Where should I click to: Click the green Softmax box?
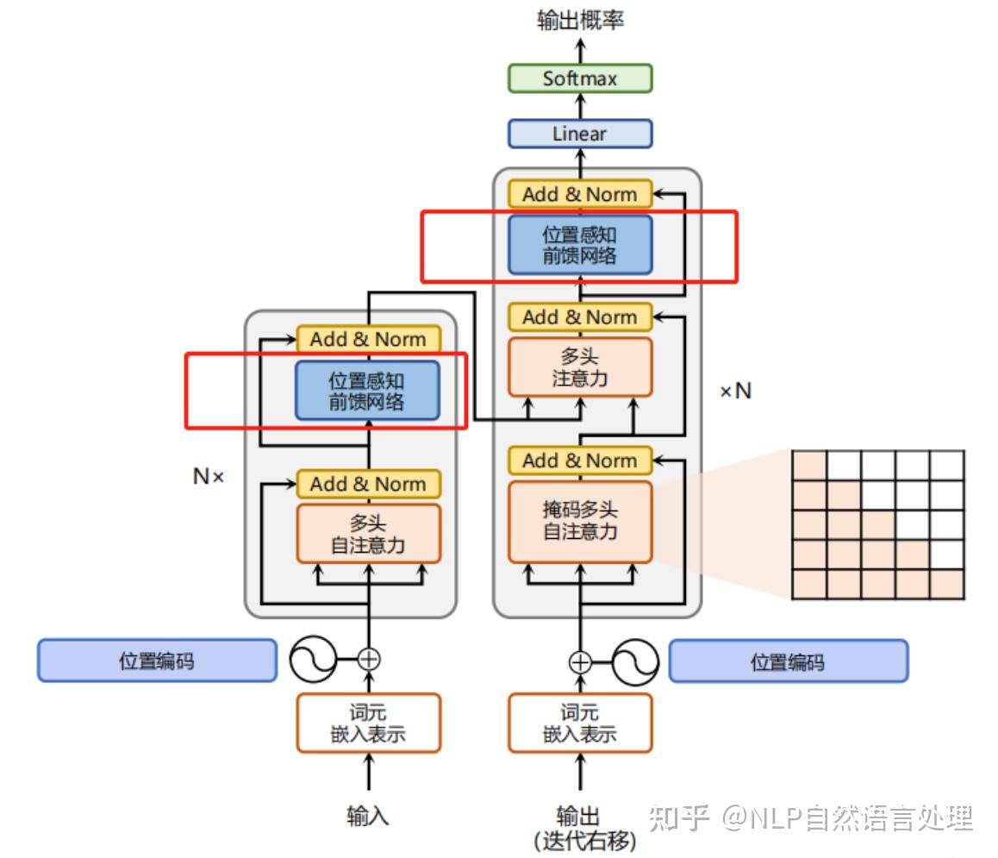point(579,78)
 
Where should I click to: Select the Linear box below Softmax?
point(579,134)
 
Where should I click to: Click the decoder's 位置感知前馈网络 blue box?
point(579,245)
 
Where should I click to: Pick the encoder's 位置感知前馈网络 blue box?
point(368,391)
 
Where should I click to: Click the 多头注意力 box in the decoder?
point(579,367)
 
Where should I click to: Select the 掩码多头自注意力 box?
point(579,521)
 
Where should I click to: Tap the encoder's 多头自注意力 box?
point(368,534)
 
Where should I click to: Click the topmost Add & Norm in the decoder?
point(579,195)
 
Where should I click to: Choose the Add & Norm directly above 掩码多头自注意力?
point(579,460)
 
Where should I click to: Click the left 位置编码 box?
point(157,661)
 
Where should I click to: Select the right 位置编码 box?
point(788,661)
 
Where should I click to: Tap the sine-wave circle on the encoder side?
point(312,661)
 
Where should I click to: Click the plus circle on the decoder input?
point(580,662)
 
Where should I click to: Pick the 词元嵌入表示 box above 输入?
point(368,723)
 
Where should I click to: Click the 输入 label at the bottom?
point(368,815)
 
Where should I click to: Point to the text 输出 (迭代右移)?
point(579,828)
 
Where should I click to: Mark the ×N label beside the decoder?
point(735,391)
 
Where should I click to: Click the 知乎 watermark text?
point(679,817)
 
